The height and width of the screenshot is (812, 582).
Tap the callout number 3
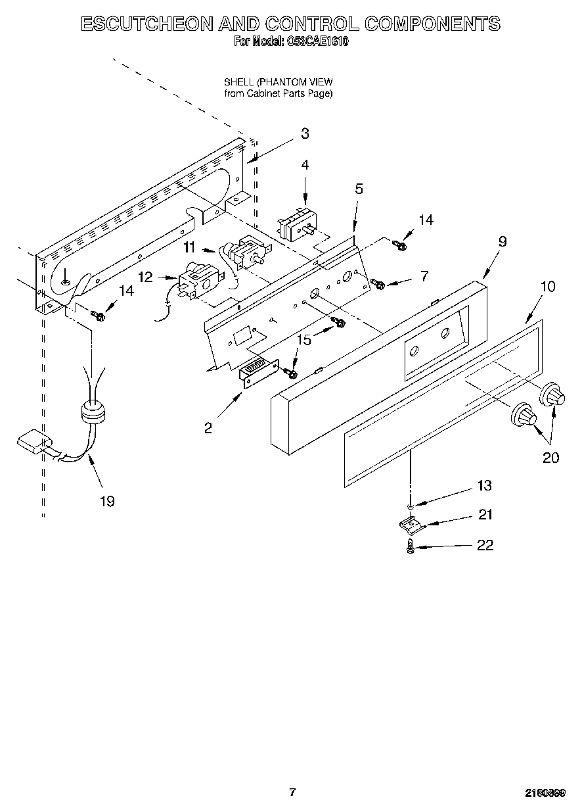point(305,133)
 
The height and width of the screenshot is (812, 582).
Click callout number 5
point(359,189)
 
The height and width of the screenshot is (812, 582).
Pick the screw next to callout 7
point(378,283)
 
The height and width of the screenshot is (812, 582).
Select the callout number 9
point(502,241)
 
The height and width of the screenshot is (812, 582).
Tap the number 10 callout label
point(547,287)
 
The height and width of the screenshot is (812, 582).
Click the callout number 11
point(189,247)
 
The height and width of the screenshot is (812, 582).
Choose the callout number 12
point(145,277)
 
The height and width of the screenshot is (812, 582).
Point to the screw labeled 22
point(411,546)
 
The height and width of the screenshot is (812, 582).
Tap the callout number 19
point(106,502)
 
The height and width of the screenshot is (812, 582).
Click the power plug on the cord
point(33,442)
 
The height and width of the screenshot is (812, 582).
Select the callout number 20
point(550,458)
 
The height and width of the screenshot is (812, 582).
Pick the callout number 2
point(208,428)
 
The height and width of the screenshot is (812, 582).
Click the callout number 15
point(303,340)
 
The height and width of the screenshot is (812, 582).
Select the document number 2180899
point(544,793)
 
